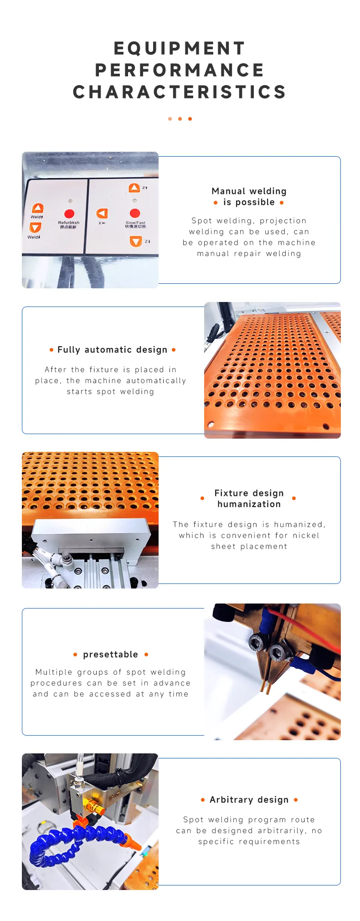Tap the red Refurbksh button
click(69, 214)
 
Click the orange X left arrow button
click(102, 213)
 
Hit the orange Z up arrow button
click(134, 188)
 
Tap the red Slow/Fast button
click(135, 213)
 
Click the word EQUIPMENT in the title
click(180, 48)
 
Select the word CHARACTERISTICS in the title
click(180, 92)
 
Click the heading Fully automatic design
click(113, 350)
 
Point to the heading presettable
click(111, 655)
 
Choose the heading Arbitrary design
click(249, 800)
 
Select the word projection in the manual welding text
click(283, 221)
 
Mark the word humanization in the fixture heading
click(249, 504)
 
